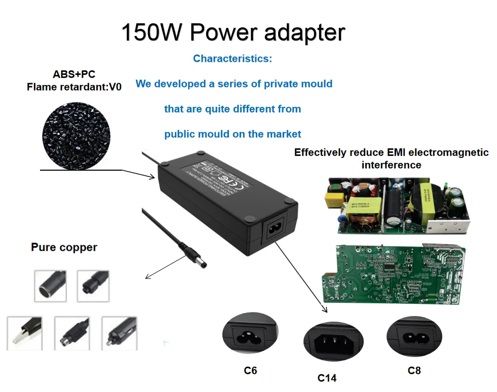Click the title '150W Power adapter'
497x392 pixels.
(233, 32)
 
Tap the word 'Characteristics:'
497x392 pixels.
(233, 59)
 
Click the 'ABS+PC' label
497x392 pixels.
(74, 75)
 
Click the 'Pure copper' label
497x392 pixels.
(64, 248)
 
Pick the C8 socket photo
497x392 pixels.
(414, 336)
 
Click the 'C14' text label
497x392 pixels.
(327, 378)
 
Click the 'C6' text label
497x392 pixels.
(250, 371)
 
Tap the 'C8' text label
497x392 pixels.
(414, 371)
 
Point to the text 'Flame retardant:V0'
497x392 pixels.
(74, 87)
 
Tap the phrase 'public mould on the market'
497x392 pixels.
(233, 134)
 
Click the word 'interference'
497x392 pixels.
(391, 165)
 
